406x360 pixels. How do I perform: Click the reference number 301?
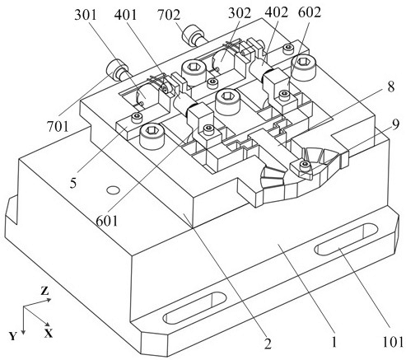coord(86,15)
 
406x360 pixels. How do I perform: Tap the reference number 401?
coord(125,15)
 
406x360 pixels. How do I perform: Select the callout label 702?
coord(169,15)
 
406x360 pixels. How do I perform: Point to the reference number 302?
coord(240,13)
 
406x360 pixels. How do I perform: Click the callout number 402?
coord(277,12)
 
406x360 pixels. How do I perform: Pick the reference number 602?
coord(310,12)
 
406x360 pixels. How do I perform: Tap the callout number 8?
coord(390,87)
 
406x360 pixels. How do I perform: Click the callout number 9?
coord(395,125)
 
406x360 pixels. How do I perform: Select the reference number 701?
coord(58,127)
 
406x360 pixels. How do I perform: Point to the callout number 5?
coord(72,184)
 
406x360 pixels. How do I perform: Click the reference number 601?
coord(107,221)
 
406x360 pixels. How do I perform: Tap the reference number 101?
coord(394,342)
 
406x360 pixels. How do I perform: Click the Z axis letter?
coord(44,291)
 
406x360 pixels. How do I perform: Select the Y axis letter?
coord(12,336)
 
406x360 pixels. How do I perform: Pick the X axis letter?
coord(49,334)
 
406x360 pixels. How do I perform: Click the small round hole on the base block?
coord(114,189)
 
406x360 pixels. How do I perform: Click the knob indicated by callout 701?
coord(118,70)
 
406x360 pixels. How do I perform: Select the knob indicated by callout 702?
coord(194,35)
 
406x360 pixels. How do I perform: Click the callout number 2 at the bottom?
coord(268,344)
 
